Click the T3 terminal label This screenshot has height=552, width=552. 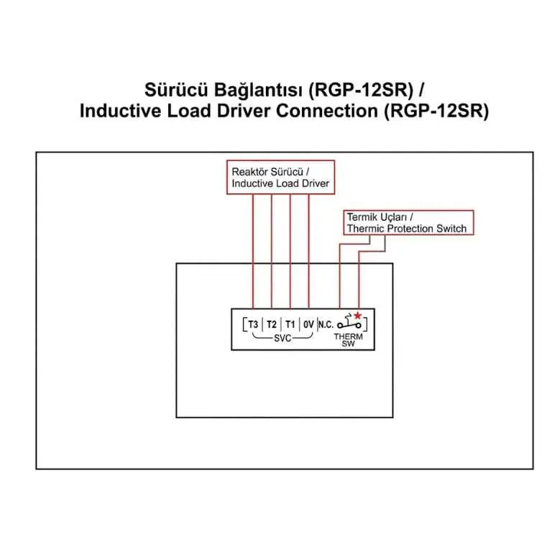(x=253, y=324)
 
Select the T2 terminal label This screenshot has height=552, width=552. (x=272, y=324)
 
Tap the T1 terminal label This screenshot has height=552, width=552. (x=290, y=324)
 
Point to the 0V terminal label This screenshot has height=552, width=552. (x=308, y=324)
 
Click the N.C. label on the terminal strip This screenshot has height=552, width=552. (x=326, y=324)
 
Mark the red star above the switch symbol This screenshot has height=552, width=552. (x=358, y=315)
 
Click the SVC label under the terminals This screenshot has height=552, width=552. (x=282, y=339)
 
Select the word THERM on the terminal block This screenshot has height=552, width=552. (x=348, y=336)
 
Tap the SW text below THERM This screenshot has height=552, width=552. (x=348, y=344)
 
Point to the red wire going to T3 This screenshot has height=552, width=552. (x=253, y=252)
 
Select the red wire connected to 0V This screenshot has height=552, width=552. (x=309, y=252)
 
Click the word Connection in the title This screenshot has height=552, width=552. (x=327, y=111)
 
